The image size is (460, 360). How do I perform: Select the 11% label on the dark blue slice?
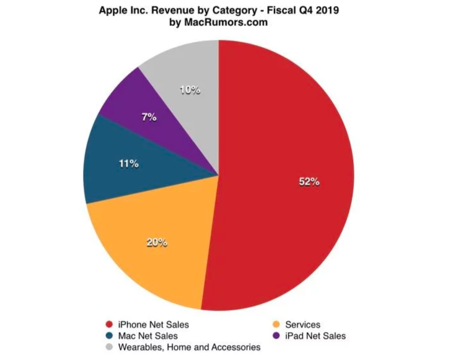coord(128,164)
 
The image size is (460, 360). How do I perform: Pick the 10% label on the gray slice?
coord(190,90)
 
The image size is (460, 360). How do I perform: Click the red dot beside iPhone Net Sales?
coord(108,325)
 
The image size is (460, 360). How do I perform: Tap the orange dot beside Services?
coord(277,325)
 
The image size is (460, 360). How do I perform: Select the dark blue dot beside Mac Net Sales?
coord(108,336)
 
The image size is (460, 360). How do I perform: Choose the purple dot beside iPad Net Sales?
coord(277,336)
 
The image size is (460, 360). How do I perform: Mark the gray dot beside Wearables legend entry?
coord(108,348)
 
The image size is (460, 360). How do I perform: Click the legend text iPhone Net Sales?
coord(154,325)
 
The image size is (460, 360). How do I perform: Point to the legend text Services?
coord(303,325)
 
